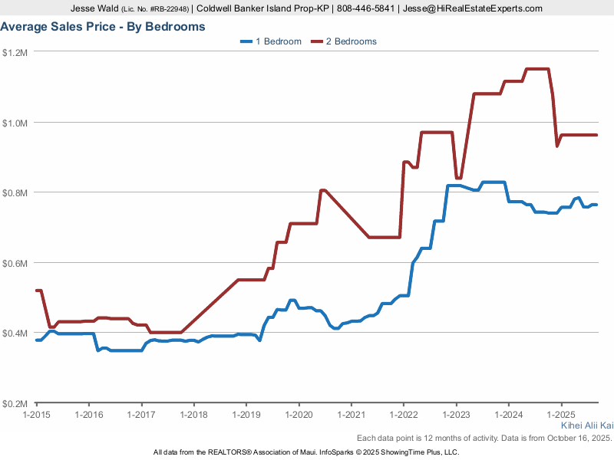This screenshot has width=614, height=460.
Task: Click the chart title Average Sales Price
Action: tap(103, 27)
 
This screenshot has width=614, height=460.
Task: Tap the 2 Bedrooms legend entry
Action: tap(344, 41)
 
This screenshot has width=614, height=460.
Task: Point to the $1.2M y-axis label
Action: tap(15, 53)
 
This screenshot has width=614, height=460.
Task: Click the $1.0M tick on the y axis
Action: tap(15, 123)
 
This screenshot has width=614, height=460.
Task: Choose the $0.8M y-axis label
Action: tap(15, 193)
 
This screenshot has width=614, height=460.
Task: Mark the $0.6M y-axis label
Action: tap(15, 263)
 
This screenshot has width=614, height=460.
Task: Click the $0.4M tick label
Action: tap(15, 333)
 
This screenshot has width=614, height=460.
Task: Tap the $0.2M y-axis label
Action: tap(15, 403)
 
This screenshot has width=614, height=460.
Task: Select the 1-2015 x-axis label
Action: tap(36, 414)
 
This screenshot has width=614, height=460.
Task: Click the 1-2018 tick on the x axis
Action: tap(193, 414)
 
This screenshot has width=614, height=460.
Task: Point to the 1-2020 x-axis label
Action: tap(299, 414)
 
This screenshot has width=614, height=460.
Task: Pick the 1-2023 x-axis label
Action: tap(456, 414)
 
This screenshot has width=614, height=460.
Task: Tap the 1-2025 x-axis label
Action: tap(561, 414)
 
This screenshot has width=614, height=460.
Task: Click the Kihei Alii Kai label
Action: tap(587, 425)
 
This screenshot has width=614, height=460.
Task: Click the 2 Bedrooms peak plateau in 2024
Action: tap(537, 69)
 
